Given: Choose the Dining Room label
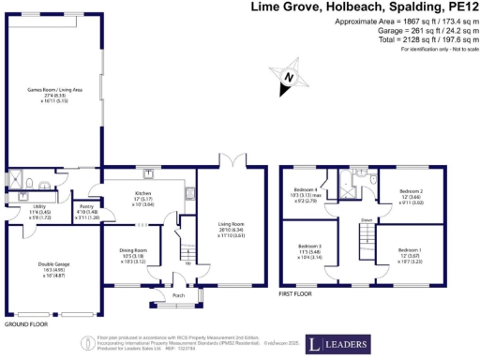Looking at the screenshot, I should coord(133,251).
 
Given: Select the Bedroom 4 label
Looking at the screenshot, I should coord(307,190).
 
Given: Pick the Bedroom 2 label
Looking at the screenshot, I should coord(412,190).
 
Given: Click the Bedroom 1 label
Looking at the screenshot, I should coord(411,251).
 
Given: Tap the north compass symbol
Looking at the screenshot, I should coord(289,78).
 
